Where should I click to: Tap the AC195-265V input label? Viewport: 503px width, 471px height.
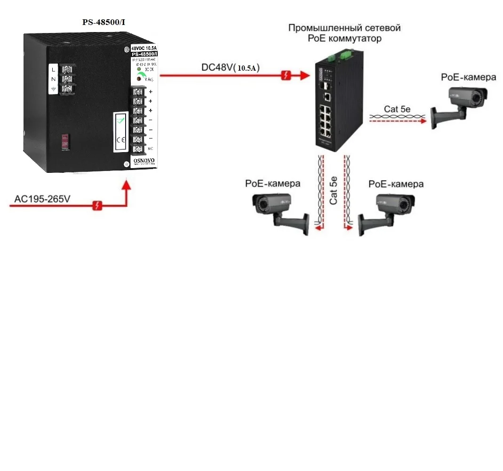43,199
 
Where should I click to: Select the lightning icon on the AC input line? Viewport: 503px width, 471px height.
97,206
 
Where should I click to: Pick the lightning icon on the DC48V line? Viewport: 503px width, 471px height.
286,75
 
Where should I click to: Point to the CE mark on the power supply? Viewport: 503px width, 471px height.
120,139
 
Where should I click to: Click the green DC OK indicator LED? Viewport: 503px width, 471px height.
139,70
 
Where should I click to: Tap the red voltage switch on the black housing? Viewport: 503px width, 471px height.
65,141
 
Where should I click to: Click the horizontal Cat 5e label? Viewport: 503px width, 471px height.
397,109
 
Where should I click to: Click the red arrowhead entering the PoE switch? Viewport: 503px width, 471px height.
304,75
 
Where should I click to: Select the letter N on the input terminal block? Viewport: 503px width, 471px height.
53,79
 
